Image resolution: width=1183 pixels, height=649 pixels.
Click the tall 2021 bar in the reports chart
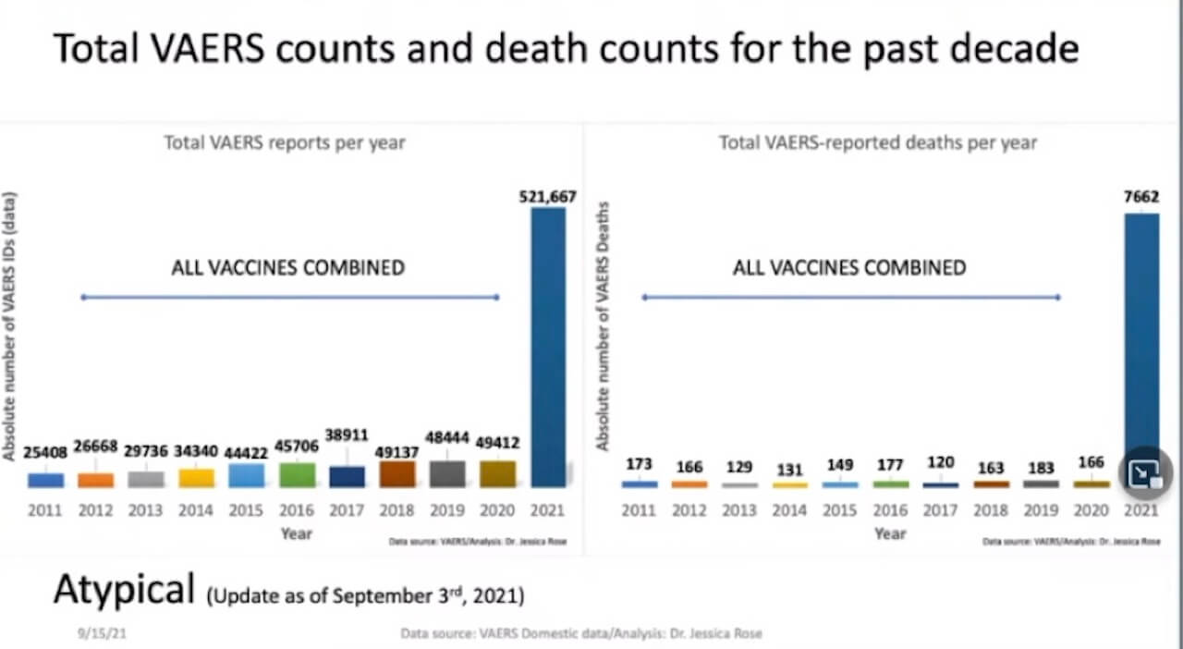coord(547,347)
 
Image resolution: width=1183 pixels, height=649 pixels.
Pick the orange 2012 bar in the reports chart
coord(95,480)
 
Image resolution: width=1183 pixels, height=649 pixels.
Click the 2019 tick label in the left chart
coord(447,510)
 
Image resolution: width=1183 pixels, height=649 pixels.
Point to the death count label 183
coord(1041,466)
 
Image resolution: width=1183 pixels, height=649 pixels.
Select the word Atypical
coord(124,589)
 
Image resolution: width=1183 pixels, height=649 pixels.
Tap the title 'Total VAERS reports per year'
coord(285,142)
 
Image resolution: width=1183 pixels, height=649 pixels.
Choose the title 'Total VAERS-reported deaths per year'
coord(878,142)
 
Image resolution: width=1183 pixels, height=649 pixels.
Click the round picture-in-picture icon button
coord(1145,474)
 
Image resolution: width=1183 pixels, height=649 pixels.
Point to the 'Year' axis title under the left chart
coord(297,533)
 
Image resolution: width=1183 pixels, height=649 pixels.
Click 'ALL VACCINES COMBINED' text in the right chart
coord(848,268)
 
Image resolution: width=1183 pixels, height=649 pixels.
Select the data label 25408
coord(44,454)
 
